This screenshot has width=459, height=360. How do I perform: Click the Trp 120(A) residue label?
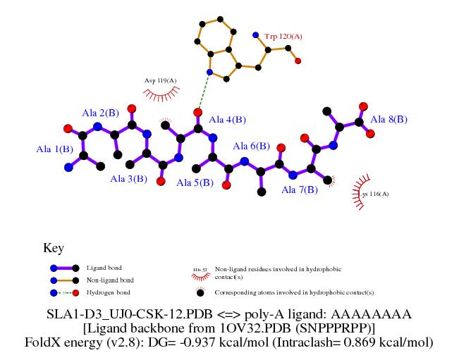(283, 35)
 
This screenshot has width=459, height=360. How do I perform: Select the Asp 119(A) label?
(159, 81)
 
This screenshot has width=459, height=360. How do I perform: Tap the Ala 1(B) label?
(54, 149)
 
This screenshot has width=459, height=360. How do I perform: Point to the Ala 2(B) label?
(100, 113)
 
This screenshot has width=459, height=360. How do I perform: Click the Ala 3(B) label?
(128, 179)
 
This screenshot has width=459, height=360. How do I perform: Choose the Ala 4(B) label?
(228, 119)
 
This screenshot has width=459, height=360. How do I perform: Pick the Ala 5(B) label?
(195, 183)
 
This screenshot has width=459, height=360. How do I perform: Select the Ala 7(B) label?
(300, 189)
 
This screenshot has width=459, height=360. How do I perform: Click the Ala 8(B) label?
(388, 119)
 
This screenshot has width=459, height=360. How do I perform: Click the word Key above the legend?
(54, 248)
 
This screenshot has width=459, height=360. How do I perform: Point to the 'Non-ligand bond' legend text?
(109, 280)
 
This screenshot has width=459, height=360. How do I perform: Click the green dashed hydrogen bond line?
(204, 92)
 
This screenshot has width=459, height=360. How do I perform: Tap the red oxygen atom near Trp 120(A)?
(298, 61)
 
